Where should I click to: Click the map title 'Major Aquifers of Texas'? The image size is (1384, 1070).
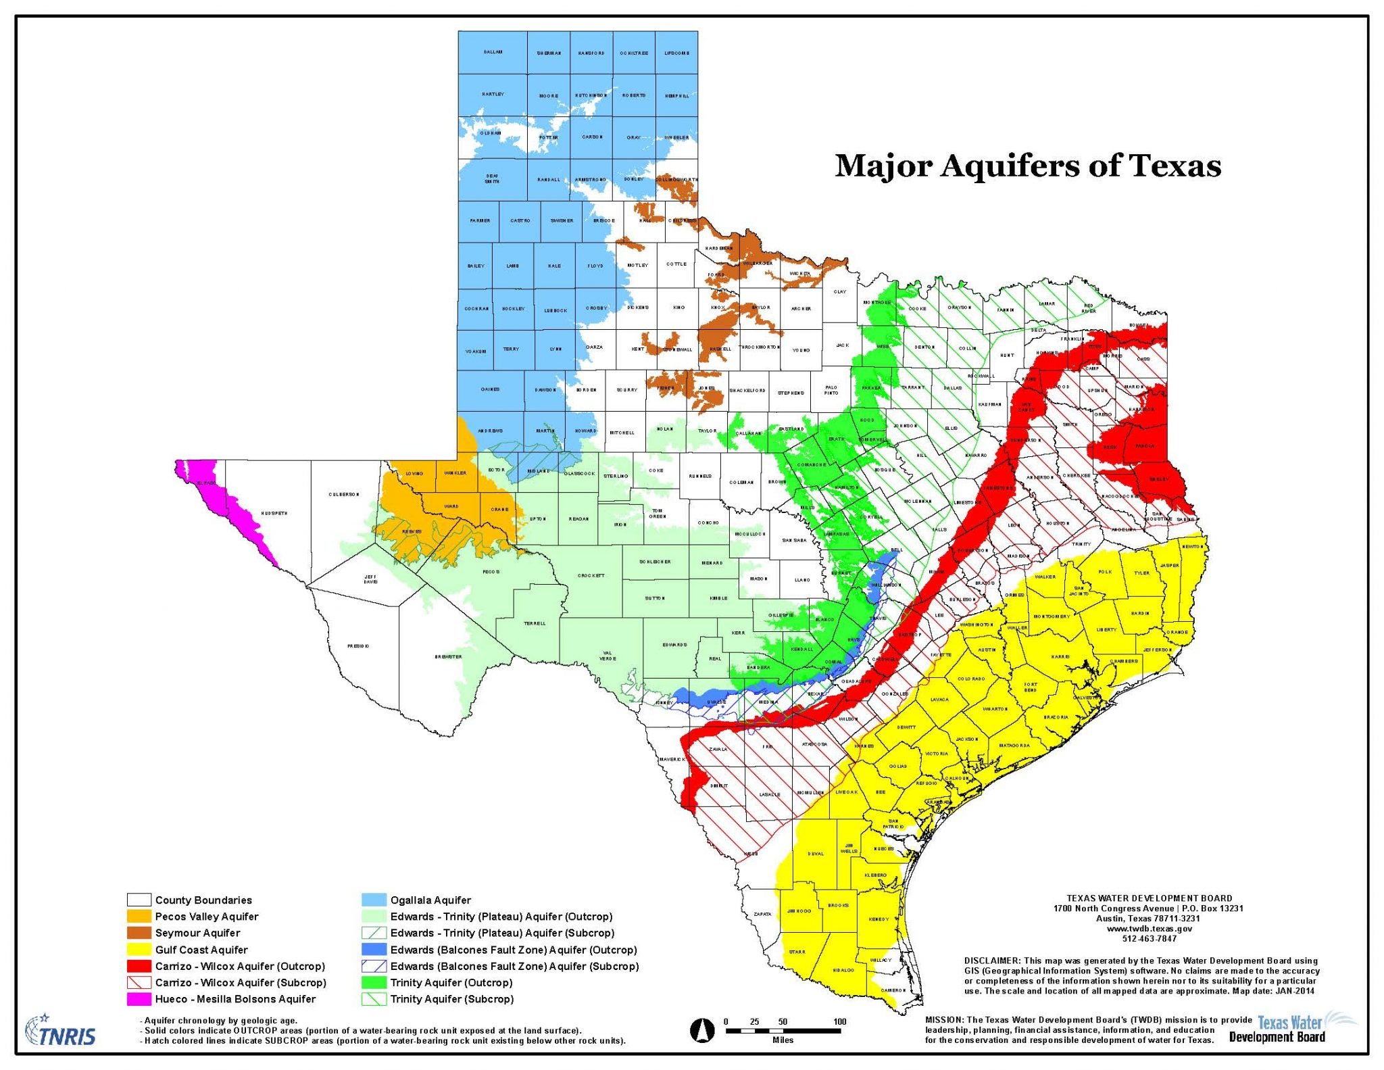[x=1027, y=166]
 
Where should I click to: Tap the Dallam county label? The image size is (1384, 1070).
[x=493, y=52]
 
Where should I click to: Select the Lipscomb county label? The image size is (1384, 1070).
[x=676, y=53]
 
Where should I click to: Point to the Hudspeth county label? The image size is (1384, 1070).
[x=274, y=513]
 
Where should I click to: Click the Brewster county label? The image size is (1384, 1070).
[x=448, y=656]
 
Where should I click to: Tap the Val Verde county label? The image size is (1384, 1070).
[x=608, y=656]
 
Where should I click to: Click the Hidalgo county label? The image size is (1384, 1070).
[x=843, y=970]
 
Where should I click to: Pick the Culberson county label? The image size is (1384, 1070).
[x=343, y=494]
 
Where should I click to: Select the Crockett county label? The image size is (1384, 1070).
[x=591, y=575]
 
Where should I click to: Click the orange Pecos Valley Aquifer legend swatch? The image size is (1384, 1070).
[x=139, y=917]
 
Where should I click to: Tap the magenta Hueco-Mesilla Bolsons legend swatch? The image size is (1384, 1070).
[x=139, y=998]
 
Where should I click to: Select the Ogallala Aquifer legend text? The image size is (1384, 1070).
[x=430, y=900]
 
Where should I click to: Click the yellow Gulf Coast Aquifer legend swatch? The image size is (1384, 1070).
[x=139, y=950]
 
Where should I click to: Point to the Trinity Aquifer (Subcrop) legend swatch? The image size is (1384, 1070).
[x=374, y=998]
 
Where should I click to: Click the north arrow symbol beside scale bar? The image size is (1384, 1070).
[x=701, y=1030]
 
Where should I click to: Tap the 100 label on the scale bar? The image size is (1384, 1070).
[x=839, y=1021]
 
